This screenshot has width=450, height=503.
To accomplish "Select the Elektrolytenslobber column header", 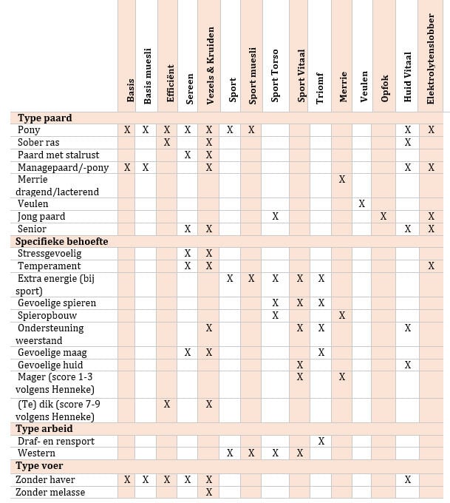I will (432, 58).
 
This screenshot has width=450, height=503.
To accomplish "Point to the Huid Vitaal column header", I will (408, 77).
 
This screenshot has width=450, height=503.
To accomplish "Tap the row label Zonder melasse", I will (51, 492).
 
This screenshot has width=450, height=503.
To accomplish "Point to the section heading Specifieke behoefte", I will (62, 241).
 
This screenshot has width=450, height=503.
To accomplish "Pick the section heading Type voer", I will (40, 466).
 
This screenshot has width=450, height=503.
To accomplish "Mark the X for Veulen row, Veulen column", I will (362, 203).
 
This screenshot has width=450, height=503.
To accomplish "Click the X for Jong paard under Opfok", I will (383, 216).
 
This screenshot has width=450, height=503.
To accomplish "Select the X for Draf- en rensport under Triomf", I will (321, 441).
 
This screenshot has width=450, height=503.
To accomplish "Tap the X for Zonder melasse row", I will (209, 492).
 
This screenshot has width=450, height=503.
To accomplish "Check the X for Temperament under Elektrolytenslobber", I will (432, 266).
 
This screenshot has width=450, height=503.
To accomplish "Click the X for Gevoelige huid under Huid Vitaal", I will (408, 365).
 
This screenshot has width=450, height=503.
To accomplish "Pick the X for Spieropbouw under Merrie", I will (342, 315).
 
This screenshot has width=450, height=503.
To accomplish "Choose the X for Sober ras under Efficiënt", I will (167, 142).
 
